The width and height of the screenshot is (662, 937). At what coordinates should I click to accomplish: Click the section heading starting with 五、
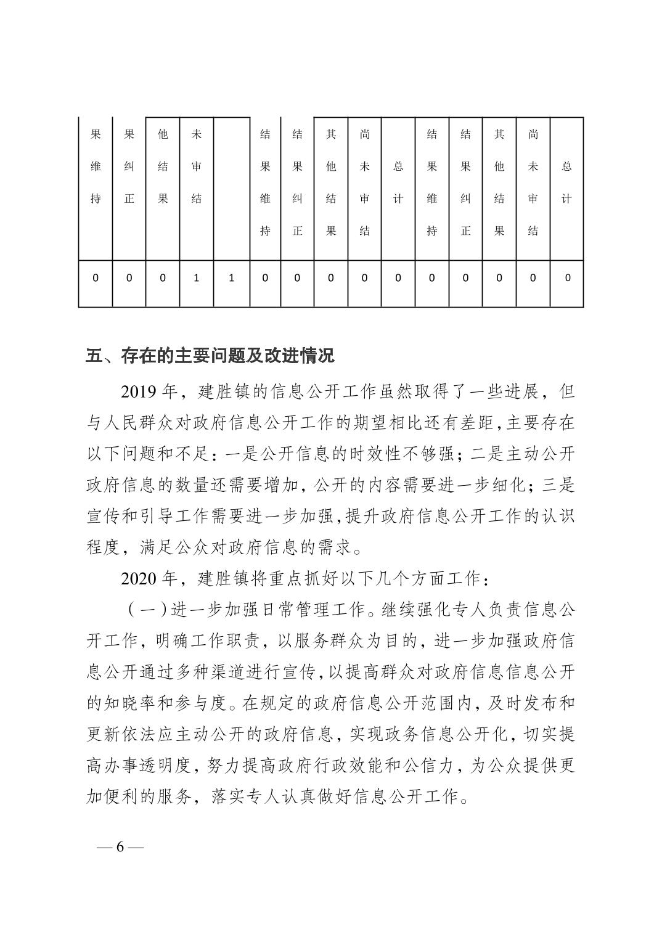click(210, 356)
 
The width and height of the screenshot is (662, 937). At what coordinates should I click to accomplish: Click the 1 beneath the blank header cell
click(231, 278)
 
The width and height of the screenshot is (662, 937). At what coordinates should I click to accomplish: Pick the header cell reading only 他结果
click(163, 166)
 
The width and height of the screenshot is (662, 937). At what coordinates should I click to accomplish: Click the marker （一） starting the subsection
click(148, 610)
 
